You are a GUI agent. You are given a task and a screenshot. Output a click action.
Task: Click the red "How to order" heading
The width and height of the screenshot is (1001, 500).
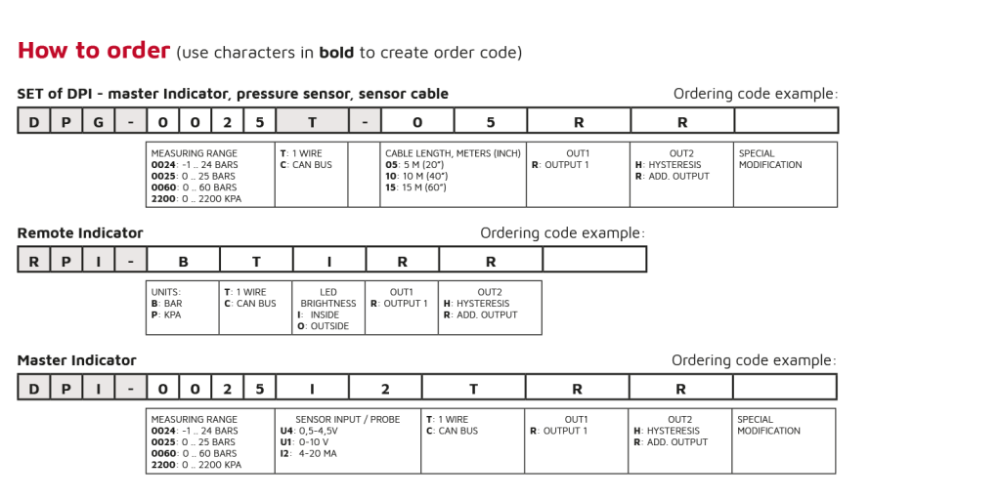[94, 51]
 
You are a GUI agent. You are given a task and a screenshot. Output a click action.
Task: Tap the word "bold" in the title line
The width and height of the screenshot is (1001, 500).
[336, 53]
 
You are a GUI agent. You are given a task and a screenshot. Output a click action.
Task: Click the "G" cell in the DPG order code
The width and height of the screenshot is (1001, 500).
[98, 122]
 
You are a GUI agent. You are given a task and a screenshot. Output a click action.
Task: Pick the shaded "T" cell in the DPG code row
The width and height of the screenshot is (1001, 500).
[312, 122]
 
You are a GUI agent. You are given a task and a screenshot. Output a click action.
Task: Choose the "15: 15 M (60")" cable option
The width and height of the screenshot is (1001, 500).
[415, 187]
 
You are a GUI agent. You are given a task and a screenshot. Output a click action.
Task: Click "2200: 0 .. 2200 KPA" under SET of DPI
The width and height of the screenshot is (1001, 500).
[196, 198]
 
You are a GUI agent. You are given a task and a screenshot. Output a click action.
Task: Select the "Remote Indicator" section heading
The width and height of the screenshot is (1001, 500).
[80, 233]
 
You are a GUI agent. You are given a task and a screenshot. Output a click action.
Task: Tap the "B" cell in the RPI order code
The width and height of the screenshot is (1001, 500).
[183, 262]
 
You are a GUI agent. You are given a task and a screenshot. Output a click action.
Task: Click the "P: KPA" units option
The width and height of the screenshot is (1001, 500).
[166, 314]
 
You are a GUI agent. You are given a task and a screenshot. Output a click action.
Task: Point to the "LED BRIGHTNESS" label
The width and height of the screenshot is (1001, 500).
[328, 298]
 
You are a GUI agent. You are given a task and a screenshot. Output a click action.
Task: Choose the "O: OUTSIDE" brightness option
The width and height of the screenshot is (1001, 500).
[323, 326]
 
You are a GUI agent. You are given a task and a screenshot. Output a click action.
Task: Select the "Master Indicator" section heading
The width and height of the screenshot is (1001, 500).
[76, 360]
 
